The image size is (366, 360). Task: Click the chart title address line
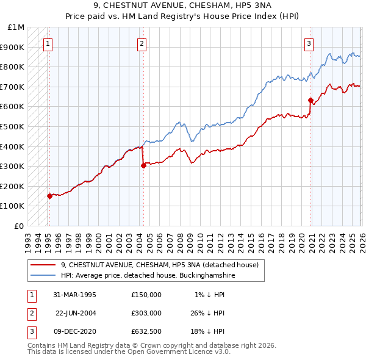click(x=183, y=5)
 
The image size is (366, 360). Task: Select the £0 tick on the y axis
click(x=20, y=226)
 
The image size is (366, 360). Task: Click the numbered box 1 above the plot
click(x=48, y=43)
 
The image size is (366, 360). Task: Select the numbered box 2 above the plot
click(x=142, y=43)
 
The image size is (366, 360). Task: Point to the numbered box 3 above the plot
click(x=309, y=43)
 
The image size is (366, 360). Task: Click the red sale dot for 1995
click(x=50, y=196)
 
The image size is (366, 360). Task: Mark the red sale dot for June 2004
click(x=143, y=165)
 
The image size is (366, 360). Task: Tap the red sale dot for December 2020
click(x=310, y=100)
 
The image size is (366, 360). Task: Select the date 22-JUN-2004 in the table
click(x=76, y=313)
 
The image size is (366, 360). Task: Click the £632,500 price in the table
click(x=146, y=331)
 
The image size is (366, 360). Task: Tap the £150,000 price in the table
click(x=146, y=295)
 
